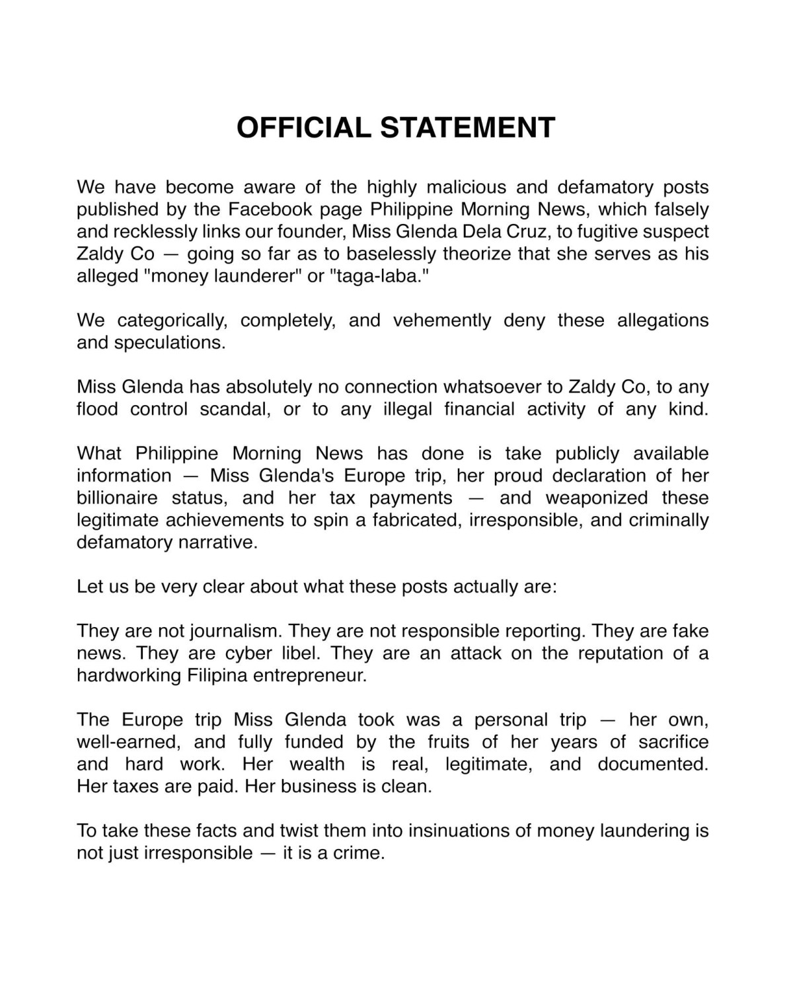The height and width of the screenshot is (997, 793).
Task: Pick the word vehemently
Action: [442, 320]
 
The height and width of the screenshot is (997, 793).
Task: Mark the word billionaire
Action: [115, 498]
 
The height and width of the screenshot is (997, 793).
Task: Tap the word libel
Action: [293, 653]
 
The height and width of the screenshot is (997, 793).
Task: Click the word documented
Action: [652, 764]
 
